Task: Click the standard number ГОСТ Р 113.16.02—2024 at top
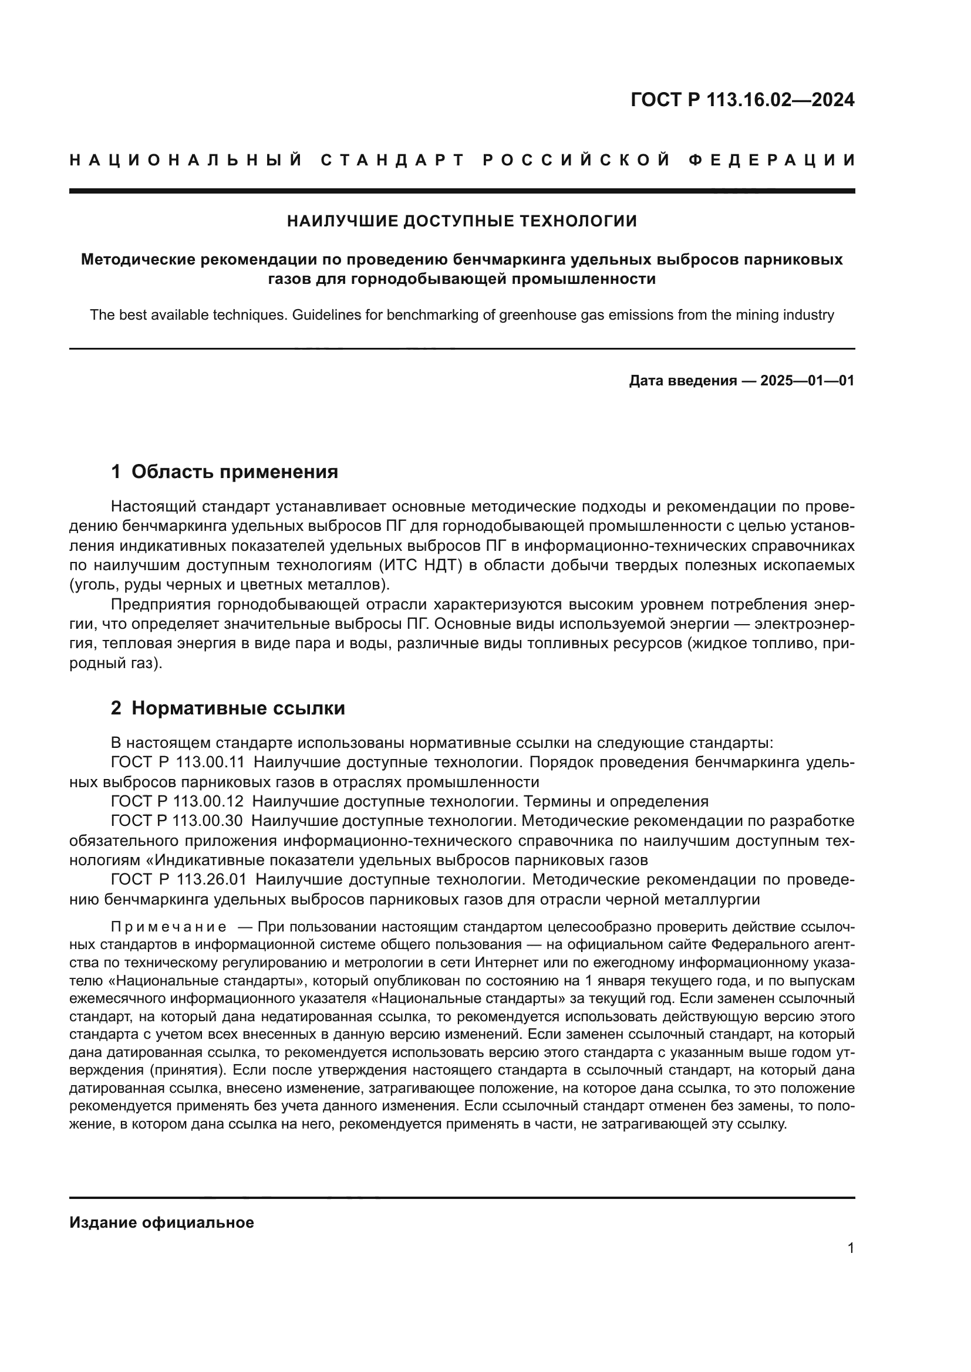coord(742,100)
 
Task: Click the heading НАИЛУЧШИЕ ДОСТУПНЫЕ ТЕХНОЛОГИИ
coord(461,222)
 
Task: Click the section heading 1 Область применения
coord(224,472)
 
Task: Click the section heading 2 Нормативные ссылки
coord(228,708)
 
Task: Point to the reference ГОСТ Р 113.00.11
coord(177,763)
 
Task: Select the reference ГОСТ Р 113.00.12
coord(177,802)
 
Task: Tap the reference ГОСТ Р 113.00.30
coord(177,821)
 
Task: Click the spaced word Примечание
coord(168,927)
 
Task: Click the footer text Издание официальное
coord(161,1222)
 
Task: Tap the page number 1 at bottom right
coord(850,1248)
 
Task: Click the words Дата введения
coord(683,381)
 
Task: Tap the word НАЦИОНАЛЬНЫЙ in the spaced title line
coord(186,160)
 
